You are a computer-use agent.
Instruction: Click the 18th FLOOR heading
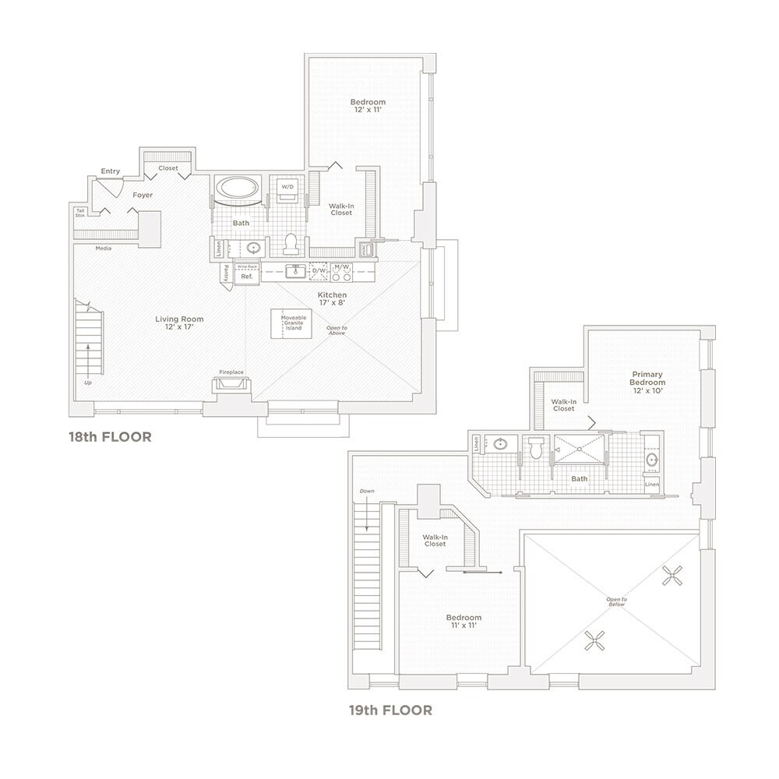[x=110, y=437]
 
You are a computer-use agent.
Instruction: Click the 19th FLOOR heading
[x=390, y=710]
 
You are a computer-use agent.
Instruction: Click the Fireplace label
[x=231, y=372]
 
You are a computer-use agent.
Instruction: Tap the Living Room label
[x=179, y=323]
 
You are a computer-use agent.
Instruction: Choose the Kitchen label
[x=332, y=299]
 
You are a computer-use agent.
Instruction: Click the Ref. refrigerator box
[x=247, y=277]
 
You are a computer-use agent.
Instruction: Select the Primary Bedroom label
[x=647, y=382]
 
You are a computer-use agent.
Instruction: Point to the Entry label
[x=110, y=171]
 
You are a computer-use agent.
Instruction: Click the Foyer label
[x=142, y=195]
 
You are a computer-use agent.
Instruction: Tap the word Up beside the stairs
[x=86, y=383]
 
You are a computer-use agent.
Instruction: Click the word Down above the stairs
[x=367, y=492]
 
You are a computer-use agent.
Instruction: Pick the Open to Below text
[x=617, y=601]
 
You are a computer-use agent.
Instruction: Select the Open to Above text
[x=337, y=330]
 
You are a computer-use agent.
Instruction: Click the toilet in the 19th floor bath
[x=535, y=448]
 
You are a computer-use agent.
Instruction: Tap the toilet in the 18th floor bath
[x=291, y=244]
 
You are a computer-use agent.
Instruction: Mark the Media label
[x=104, y=249]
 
